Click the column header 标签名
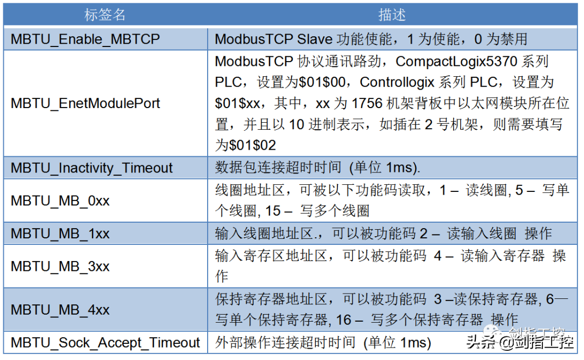[105, 15]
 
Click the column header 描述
[392, 15]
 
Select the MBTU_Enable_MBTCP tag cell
[85, 39]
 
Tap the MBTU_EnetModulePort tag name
[85, 103]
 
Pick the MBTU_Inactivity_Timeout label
[91, 168]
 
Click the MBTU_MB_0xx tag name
[60, 201]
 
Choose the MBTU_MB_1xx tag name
[60, 234]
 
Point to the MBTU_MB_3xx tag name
[60, 266]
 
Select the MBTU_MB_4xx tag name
[60, 310]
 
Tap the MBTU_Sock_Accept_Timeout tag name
[105, 343]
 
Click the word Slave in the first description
[315, 39]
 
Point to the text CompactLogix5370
[456, 62]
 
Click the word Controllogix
[397, 82]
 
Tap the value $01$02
[253, 145]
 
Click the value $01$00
[322, 82]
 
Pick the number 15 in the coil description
[273, 211]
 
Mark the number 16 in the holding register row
[343, 320]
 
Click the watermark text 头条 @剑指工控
[520, 342]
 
